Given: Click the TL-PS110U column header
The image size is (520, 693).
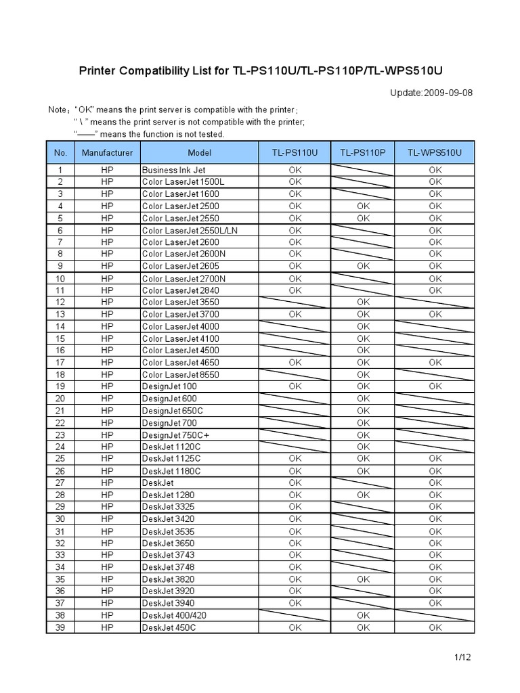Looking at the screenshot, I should [295, 153].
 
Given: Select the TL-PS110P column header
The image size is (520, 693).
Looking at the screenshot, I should [364, 153].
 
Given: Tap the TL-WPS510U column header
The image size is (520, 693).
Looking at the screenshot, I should [435, 153].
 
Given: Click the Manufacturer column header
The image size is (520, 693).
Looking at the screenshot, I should [107, 153].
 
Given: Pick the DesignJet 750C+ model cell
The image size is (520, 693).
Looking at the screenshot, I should [174, 434].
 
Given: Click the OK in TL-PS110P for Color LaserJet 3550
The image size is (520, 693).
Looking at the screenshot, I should [364, 302].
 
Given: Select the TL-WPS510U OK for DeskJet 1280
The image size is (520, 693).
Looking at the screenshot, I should [435, 495].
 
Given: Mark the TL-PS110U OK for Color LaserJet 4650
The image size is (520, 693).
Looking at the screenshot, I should [295, 362].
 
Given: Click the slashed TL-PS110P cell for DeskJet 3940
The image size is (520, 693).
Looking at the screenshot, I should [364, 603].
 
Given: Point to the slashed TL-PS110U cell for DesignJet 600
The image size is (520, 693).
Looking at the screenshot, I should [295, 399].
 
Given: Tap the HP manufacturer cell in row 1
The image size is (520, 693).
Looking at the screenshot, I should [107, 170].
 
